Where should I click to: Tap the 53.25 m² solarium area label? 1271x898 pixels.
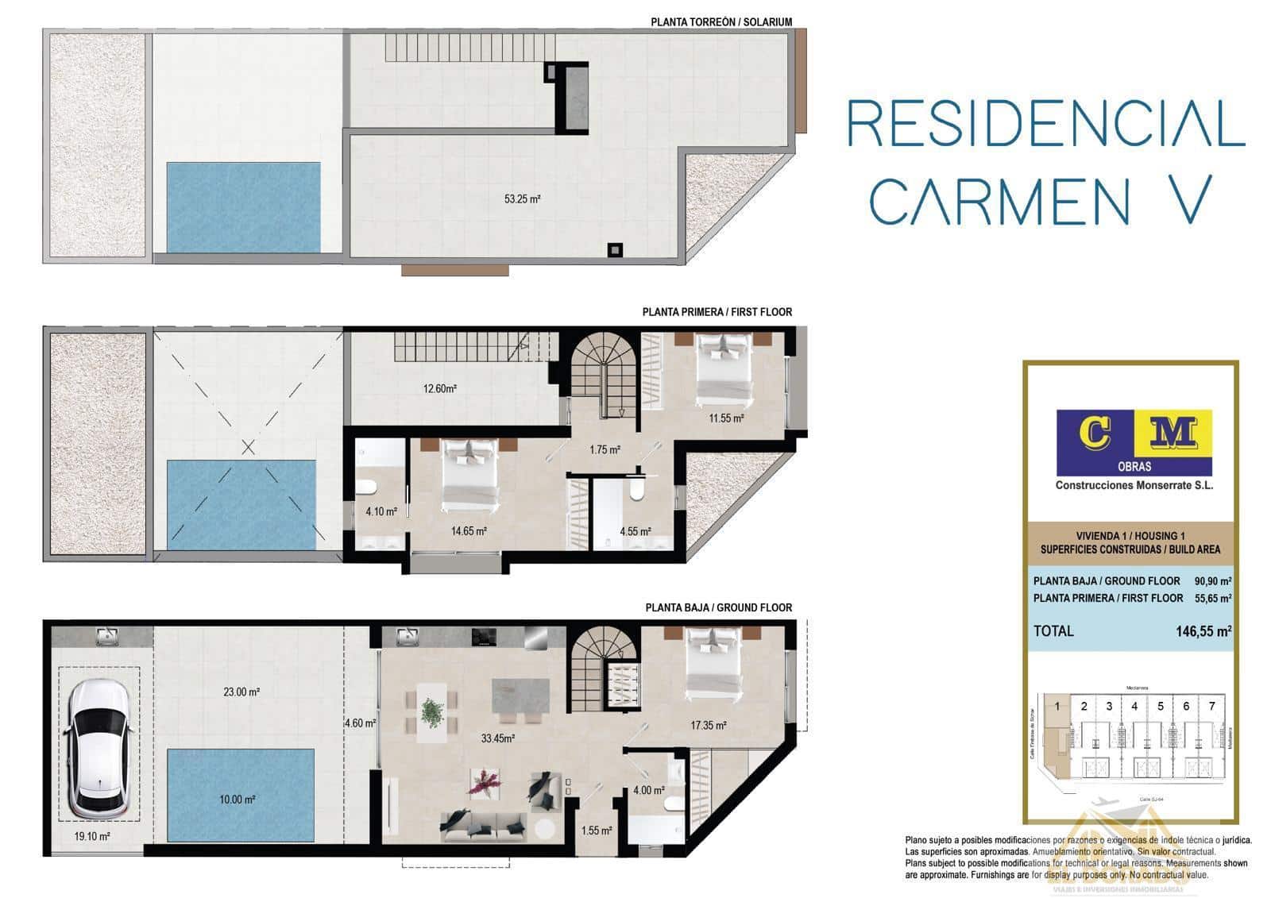click(x=522, y=199)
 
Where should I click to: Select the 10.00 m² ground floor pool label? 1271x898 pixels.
click(x=237, y=800)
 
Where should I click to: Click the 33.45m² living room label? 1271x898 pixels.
click(x=498, y=738)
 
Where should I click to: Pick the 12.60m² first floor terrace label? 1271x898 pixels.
click(x=439, y=389)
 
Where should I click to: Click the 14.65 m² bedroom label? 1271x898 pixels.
click(x=469, y=531)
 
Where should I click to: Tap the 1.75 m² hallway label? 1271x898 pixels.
click(x=605, y=449)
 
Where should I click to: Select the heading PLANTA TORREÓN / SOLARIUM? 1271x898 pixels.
click(x=720, y=21)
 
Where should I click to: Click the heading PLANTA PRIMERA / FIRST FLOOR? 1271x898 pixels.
click(x=717, y=312)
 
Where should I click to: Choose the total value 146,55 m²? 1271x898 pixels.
click(x=1203, y=631)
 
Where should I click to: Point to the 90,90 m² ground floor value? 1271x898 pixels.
click(x=1212, y=581)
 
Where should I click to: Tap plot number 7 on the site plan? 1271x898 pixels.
click(x=1211, y=706)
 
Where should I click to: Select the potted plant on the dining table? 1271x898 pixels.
click(x=433, y=711)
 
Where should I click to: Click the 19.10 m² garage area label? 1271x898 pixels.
click(x=92, y=836)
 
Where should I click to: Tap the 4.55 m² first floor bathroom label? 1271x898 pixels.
click(x=635, y=532)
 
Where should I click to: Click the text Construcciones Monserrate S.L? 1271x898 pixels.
click(x=1134, y=485)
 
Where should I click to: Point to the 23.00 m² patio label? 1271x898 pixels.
click(x=241, y=692)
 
